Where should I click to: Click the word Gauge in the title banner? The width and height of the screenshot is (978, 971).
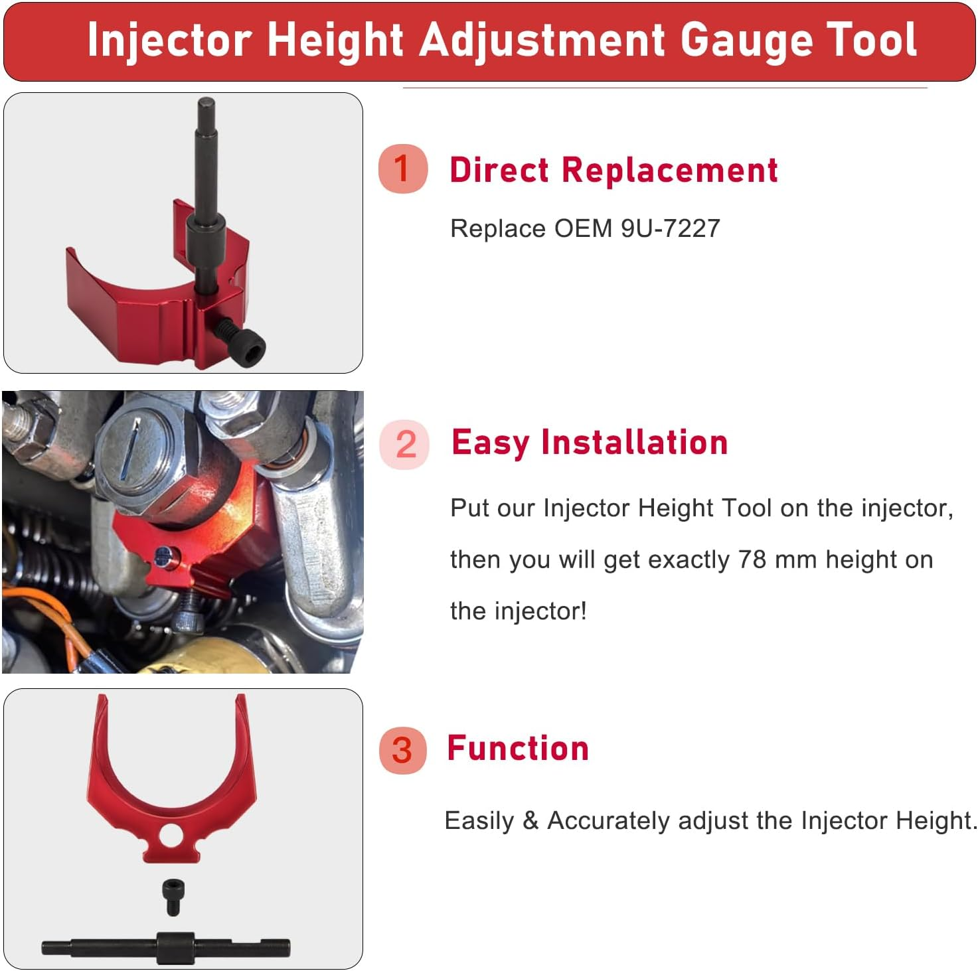[x=747, y=41]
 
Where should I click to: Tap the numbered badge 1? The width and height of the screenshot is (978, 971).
[x=402, y=169]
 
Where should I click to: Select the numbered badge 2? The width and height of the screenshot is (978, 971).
[x=405, y=444]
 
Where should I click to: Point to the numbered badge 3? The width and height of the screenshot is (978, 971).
[x=402, y=750]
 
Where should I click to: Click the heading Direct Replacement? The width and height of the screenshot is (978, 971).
[x=613, y=170]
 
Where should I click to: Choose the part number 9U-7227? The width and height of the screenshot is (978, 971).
[x=671, y=228]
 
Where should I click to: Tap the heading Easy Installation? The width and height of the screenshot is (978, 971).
[x=590, y=443]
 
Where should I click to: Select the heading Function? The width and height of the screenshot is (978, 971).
[x=518, y=749]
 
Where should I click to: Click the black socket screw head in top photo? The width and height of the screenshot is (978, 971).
[x=250, y=348]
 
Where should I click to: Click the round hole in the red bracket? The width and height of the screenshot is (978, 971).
[x=171, y=835]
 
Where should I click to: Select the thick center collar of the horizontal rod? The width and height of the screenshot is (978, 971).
[x=175, y=948]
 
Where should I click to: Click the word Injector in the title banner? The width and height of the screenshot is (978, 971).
[x=169, y=41]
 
